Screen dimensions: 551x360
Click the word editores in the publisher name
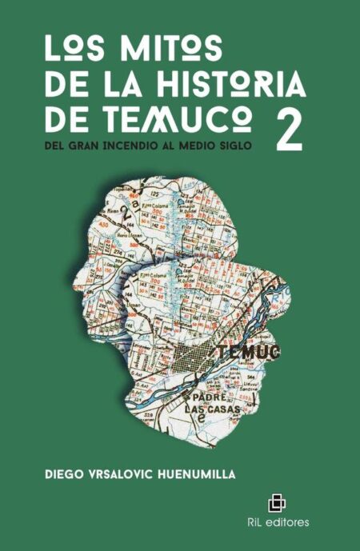coord(288,523)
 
